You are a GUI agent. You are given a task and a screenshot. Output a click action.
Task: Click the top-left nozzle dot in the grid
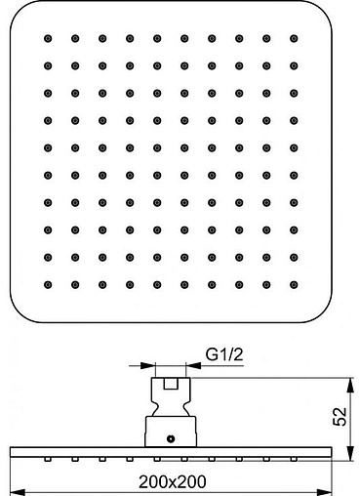(47, 38)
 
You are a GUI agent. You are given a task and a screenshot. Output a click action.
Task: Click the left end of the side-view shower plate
(10, 451)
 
